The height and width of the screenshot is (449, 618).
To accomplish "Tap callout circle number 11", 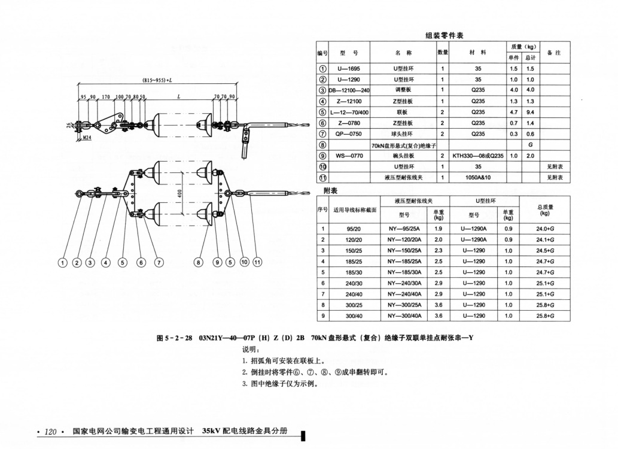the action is pyautogui.click(x=258, y=262).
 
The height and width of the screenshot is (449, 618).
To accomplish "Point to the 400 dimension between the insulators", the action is pyautogui.click(x=178, y=193).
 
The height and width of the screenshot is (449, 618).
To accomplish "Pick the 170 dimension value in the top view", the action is pyautogui.click(x=105, y=96).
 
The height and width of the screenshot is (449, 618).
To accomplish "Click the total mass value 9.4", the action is pyautogui.click(x=529, y=112).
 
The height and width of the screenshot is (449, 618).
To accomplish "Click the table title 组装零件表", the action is pyautogui.click(x=445, y=35).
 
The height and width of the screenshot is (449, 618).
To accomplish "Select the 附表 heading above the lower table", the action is pyautogui.click(x=330, y=191).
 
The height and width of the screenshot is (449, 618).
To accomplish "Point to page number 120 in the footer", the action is pyautogui.click(x=50, y=432).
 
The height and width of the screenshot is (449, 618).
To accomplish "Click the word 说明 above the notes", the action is pyautogui.click(x=250, y=349).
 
